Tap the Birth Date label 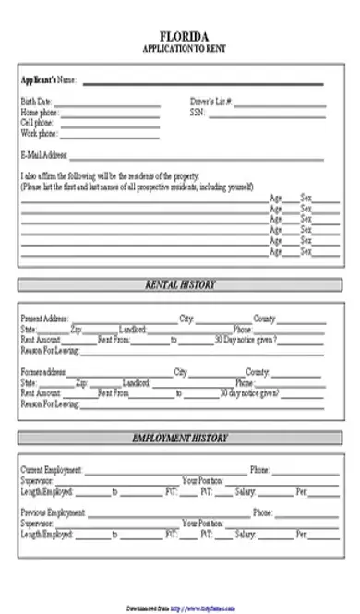36,102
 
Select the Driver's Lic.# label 210,102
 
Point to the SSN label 197,112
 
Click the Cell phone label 36,122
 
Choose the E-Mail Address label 43,156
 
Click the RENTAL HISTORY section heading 180,285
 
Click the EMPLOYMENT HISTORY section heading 180,438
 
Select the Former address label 43,372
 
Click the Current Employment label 52,470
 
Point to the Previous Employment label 53,512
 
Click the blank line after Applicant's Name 203,83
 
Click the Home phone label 37,112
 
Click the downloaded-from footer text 180,608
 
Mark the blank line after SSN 268,114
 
